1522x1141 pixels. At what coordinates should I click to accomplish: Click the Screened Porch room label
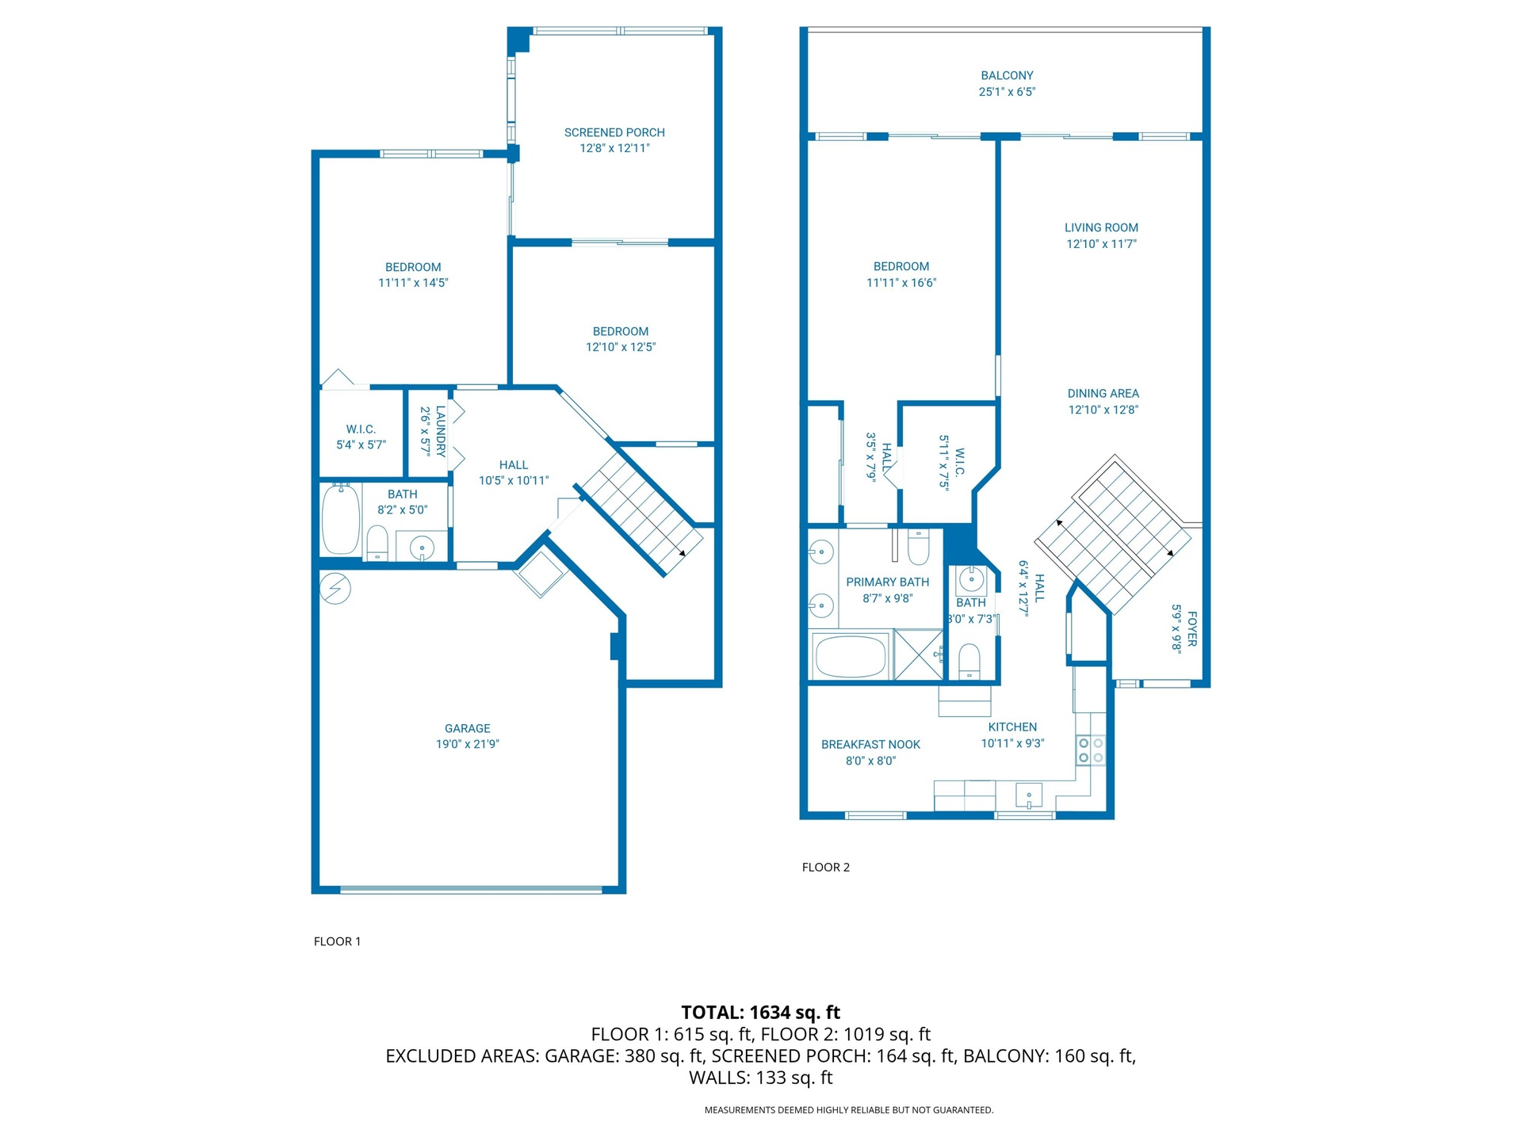(x=614, y=132)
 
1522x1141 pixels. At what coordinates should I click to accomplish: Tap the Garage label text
(x=467, y=728)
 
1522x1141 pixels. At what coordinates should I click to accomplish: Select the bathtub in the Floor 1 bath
(x=341, y=520)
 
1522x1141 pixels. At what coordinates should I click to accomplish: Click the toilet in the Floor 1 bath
(x=377, y=543)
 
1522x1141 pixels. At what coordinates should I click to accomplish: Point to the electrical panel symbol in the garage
(x=335, y=589)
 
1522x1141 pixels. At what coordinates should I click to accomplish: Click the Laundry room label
(x=441, y=431)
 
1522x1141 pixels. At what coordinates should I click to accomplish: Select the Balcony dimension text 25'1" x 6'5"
(x=1007, y=92)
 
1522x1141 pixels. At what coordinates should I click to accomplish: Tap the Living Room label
(x=1101, y=227)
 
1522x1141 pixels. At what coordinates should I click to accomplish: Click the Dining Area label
(x=1103, y=394)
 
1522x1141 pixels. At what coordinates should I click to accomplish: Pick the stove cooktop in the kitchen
(x=1091, y=750)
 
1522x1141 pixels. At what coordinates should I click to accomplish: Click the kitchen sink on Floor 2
(x=1029, y=795)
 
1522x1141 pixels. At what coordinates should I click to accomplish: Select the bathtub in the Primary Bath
(x=850, y=656)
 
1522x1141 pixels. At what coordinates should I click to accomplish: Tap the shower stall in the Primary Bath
(x=919, y=654)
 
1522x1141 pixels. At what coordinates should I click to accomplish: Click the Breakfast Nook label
(x=870, y=745)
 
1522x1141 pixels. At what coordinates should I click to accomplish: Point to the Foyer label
(x=1192, y=628)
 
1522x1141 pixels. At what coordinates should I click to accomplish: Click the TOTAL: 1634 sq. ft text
(x=761, y=1012)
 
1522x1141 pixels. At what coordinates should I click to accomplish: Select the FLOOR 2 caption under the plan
(x=825, y=867)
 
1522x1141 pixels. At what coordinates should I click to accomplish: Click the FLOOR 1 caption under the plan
(x=337, y=941)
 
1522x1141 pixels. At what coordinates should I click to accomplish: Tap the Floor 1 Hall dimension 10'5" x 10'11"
(x=513, y=480)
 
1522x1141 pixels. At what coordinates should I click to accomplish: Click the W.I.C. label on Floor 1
(x=361, y=429)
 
